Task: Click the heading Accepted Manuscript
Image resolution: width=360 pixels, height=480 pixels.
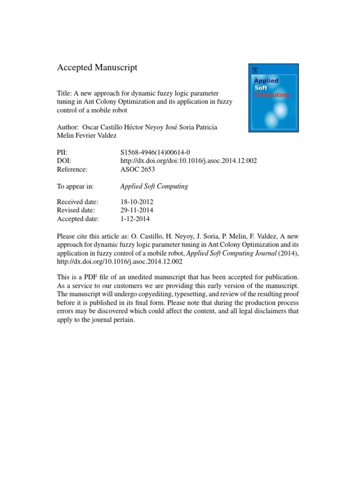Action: [x=97, y=67]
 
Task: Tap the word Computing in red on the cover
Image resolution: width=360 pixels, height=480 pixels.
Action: [x=271, y=95]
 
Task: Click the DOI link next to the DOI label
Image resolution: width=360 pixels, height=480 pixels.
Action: [x=188, y=161]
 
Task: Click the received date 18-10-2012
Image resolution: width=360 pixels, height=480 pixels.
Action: [x=136, y=202]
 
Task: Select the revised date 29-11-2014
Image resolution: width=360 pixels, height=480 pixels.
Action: [x=136, y=210]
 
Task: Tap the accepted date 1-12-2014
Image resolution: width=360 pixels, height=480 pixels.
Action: [x=135, y=219]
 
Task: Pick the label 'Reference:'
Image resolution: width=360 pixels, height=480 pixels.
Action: [x=72, y=169]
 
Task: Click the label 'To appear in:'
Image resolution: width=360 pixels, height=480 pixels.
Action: [x=75, y=186]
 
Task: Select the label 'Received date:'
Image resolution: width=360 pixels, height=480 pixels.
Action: [x=77, y=202]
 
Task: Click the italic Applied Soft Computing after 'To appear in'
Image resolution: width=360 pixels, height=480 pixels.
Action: [x=154, y=186]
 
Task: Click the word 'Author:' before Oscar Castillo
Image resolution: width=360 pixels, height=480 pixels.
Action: [x=68, y=127]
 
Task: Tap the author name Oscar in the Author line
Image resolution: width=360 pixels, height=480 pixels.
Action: [x=91, y=127]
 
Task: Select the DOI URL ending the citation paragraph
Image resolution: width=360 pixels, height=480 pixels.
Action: [x=120, y=262]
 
